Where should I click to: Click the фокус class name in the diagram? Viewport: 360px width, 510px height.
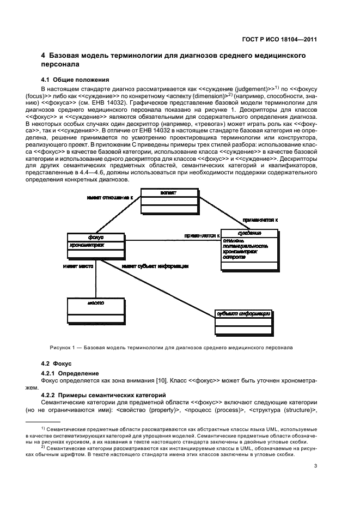pyautogui.click(x=96, y=238)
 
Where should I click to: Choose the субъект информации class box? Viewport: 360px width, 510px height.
pyautogui.click(x=243, y=321)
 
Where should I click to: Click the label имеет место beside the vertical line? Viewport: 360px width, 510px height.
pyautogui.click(x=79, y=266)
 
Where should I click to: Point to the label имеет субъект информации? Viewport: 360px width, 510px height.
pyautogui.click(x=155, y=266)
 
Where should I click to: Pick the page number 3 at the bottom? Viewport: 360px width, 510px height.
pyautogui.click(x=315, y=465)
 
